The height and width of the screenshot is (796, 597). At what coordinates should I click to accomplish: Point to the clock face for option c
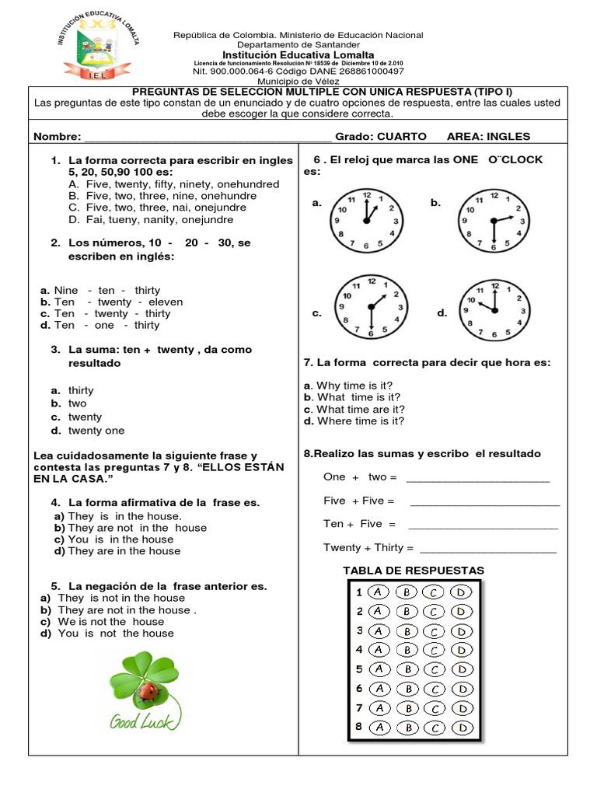(372, 309)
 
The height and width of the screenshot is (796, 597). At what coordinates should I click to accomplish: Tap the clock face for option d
(492, 309)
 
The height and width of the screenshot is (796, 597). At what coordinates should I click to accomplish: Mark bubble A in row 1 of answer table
(379, 592)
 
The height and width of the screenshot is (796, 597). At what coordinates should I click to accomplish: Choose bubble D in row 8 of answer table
(461, 728)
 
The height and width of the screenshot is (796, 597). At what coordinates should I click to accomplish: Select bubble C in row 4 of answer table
(434, 650)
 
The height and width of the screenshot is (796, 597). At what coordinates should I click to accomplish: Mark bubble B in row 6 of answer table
(406, 689)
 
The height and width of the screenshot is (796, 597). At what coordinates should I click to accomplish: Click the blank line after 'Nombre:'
(207, 138)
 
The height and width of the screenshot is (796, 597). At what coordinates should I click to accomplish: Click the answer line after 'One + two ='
(477, 478)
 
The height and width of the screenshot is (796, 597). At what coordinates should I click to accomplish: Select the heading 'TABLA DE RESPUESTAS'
(414, 571)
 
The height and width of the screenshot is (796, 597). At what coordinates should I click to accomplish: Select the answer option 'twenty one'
(96, 431)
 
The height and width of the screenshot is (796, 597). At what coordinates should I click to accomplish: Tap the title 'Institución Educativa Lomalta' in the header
(298, 55)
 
